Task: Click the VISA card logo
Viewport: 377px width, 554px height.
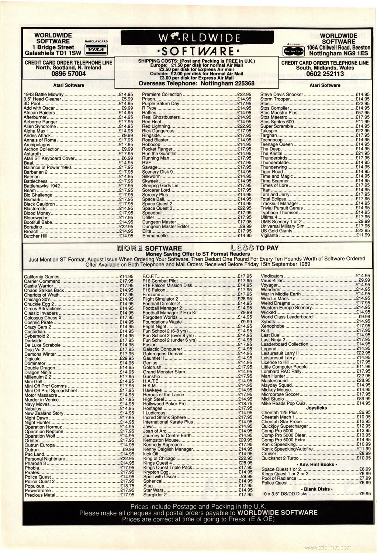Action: pyautogui.click(x=96, y=50)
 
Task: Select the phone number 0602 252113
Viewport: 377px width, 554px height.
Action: pyautogui.click(x=325, y=74)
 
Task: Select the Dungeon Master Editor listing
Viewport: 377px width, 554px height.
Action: pyautogui.click(x=166, y=226)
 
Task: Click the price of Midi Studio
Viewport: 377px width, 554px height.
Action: pyautogui.click(x=363, y=399)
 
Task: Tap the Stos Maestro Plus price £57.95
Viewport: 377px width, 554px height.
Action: pyautogui.click(x=363, y=113)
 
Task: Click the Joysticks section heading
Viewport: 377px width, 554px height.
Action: pyautogui.click(x=317, y=408)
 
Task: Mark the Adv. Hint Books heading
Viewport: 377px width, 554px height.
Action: pyautogui.click(x=316, y=464)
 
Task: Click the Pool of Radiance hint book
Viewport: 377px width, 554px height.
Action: pyautogui.click(x=279, y=478)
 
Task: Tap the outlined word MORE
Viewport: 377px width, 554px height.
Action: pyautogui.click(x=129, y=248)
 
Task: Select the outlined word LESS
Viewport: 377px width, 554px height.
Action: pyautogui.click(x=242, y=248)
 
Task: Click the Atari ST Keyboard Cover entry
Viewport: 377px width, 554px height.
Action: pyautogui.click(x=49, y=158)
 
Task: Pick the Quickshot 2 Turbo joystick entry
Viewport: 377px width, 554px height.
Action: pyautogui.click(x=280, y=458)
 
